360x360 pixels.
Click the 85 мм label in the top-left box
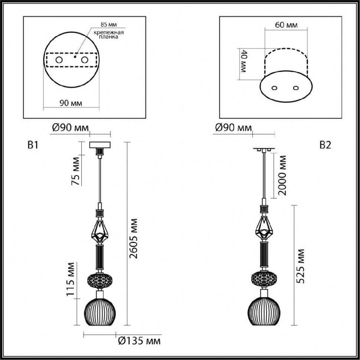(108, 25)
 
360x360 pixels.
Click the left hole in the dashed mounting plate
(59, 60)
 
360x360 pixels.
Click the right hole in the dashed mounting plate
(85, 60)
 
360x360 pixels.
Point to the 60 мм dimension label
(287, 26)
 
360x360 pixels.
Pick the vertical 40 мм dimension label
(244, 61)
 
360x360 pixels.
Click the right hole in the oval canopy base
(296, 88)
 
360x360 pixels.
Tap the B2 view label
(325, 145)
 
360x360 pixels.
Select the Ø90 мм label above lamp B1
(70, 128)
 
